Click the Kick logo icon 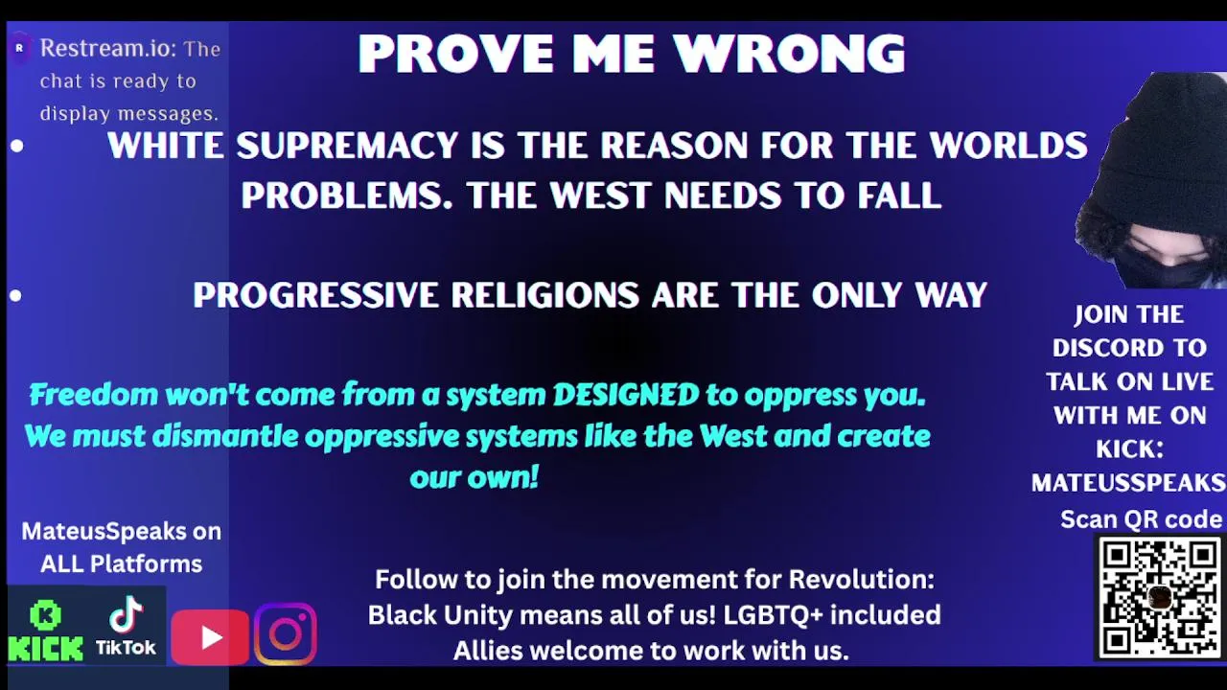[x=45, y=631]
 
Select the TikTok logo [x=126, y=626]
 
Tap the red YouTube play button [x=210, y=636]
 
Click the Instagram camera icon [x=286, y=633]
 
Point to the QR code [x=1160, y=598]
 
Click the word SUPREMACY [x=347, y=146]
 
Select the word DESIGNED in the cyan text [x=626, y=394]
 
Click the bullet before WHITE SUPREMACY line [x=17, y=147]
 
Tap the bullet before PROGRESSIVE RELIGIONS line [x=15, y=296]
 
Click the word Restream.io [x=108, y=48]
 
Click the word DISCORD [x=1129, y=348]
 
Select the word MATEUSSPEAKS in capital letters [x=1128, y=483]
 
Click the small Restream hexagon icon [x=20, y=48]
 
